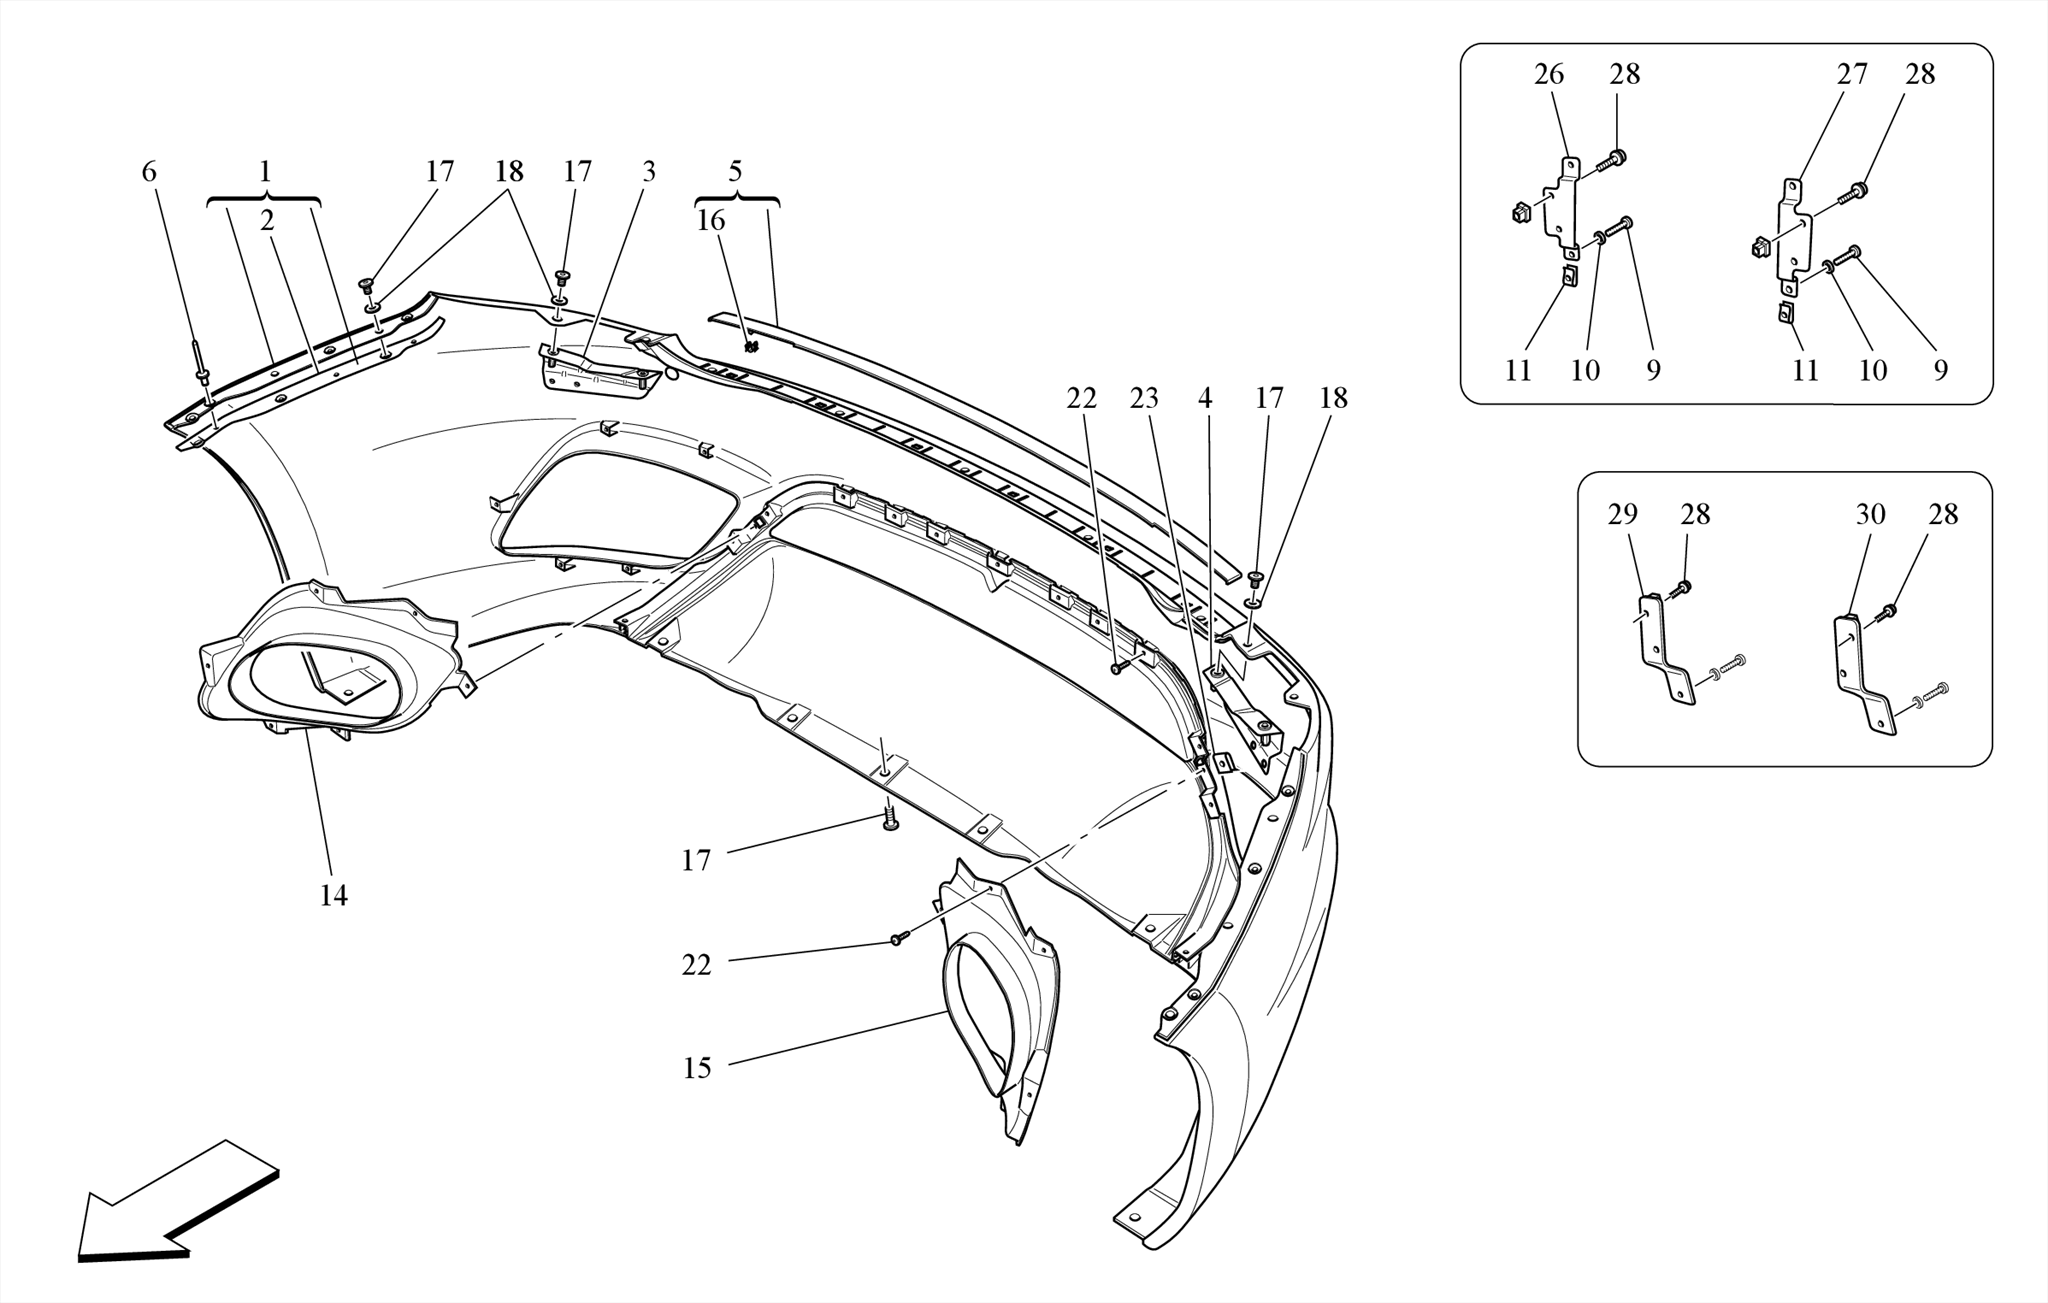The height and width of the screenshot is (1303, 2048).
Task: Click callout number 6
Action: [x=149, y=172]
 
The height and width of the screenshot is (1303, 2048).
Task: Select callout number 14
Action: [x=333, y=896]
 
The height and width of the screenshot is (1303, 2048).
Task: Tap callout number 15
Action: [x=697, y=1068]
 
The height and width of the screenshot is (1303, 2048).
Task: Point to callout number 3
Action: [x=649, y=172]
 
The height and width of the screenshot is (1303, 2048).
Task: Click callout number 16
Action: [x=711, y=220]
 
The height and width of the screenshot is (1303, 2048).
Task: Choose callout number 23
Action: [x=1144, y=398]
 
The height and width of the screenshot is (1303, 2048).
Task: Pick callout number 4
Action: [x=1205, y=398]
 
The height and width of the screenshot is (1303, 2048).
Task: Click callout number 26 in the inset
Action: [x=1549, y=74]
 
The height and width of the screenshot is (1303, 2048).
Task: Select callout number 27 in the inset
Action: [x=1852, y=74]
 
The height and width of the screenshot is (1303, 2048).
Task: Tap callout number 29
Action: [x=1623, y=514]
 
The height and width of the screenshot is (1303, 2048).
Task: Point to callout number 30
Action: [x=1870, y=514]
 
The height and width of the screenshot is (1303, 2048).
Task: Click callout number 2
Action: [x=267, y=220]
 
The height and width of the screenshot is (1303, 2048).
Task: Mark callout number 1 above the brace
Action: [x=265, y=172]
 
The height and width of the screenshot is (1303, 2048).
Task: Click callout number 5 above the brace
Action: [x=736, y=171]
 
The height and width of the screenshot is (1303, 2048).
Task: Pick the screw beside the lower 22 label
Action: [x=899, y=939]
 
